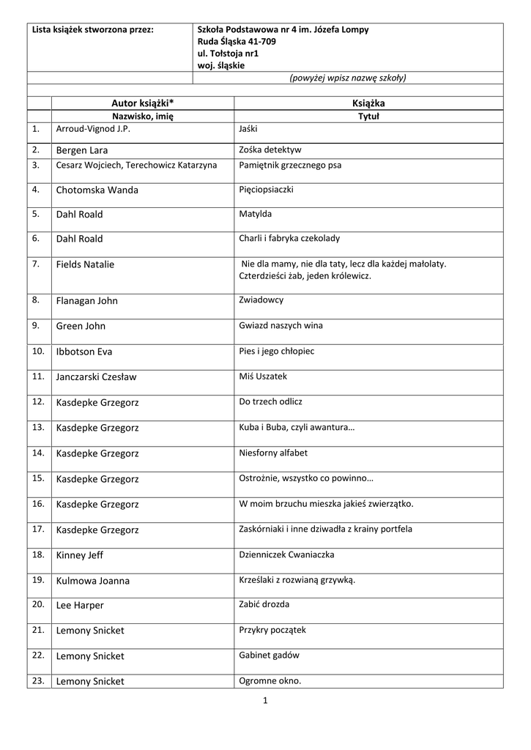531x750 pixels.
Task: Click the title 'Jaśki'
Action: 249,129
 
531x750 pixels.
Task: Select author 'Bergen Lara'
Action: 81,151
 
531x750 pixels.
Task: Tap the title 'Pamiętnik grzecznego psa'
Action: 289,166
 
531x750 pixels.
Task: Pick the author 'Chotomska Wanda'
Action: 97,190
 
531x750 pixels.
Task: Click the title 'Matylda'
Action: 255,215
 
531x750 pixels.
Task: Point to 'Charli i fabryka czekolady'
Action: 289,239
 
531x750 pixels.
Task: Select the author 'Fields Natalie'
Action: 85,264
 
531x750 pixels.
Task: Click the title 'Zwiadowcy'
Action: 261,300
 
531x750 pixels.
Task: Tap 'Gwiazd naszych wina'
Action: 281,326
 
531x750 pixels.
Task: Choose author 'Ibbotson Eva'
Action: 83,352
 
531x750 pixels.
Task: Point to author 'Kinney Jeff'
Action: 79,555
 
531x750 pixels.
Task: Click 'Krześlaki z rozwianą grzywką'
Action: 297,580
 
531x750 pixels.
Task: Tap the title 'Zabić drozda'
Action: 264,605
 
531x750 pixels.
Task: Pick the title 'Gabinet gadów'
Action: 269,656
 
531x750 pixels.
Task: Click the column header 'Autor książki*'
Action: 142,104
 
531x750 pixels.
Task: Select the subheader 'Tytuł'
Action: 368,116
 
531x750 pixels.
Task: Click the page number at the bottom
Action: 265,701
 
